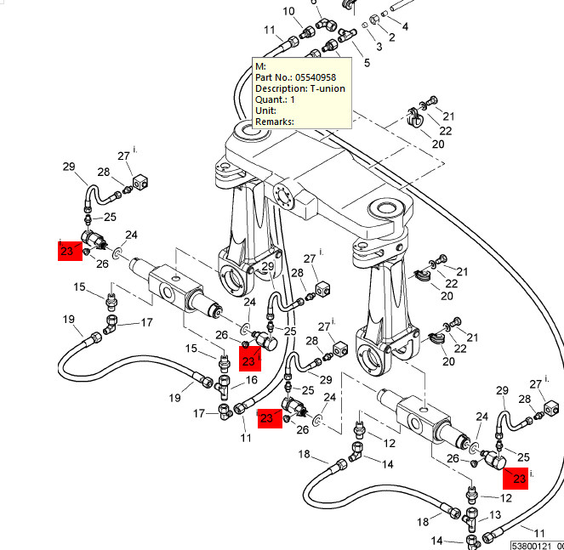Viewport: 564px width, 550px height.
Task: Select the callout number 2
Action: point(392,38)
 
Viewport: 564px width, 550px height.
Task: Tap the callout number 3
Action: point(379,46)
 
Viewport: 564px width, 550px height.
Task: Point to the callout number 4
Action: point(405,27)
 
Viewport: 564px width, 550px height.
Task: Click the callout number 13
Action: point(495,515)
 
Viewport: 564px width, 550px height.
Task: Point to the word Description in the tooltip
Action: point(280,88)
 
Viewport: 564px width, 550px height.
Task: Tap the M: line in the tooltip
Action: point(261,66)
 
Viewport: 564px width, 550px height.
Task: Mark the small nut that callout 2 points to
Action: point(374,19)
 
